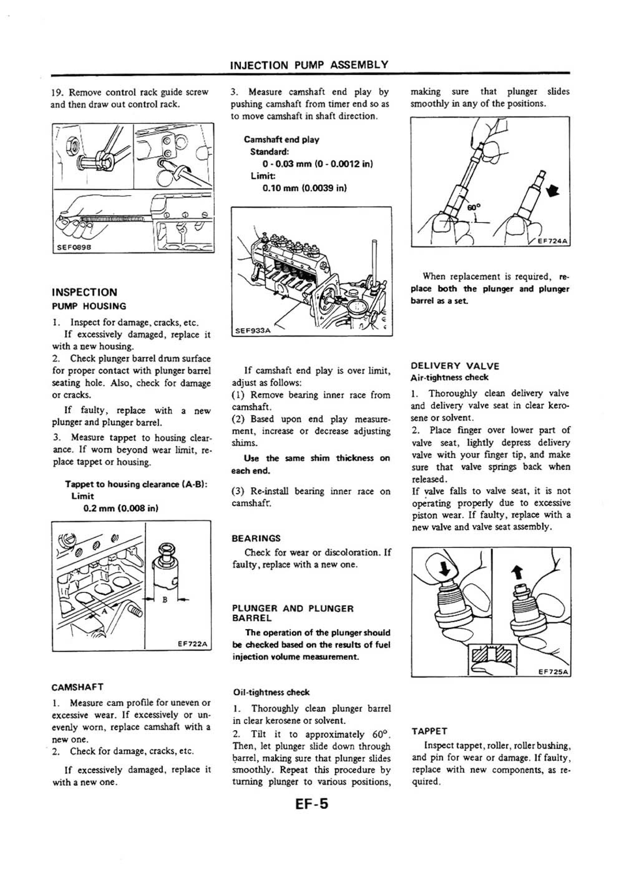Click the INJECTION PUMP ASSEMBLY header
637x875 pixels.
tap(309, 65)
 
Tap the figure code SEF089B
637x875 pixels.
tap(73, 248)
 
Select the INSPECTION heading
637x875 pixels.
tap(84, 292)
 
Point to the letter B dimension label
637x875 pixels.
tap(165, 600)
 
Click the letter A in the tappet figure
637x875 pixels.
tap(103, 611)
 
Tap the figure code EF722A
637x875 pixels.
tap(193, 644)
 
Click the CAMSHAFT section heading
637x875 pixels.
tap(78, 687)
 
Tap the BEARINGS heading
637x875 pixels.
tap(256, 538)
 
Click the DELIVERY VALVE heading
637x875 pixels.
tap(455, 366)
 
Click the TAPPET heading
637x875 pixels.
tap(429, 731)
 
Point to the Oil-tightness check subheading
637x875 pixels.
tap(271, 692)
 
